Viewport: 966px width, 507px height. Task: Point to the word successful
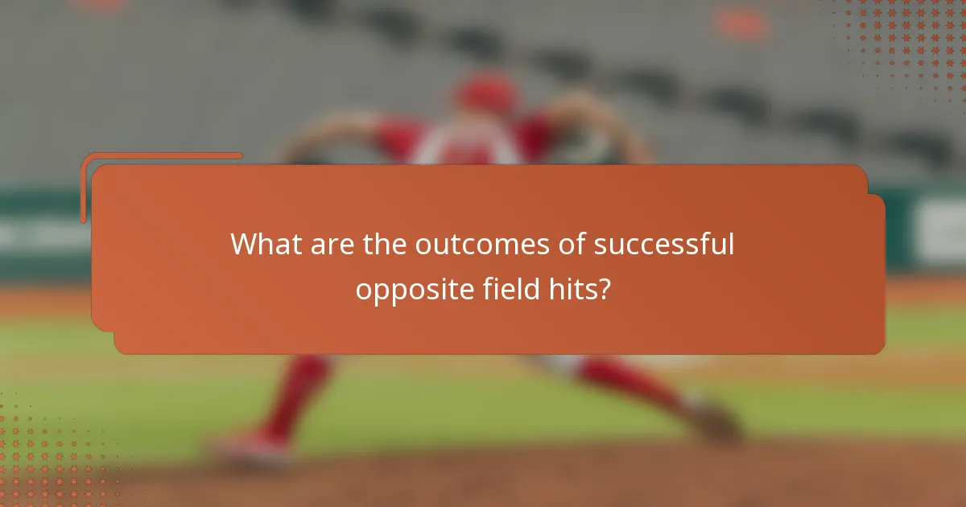click(x=664, y=245)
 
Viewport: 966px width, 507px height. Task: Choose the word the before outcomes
click(x=385, y=244)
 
